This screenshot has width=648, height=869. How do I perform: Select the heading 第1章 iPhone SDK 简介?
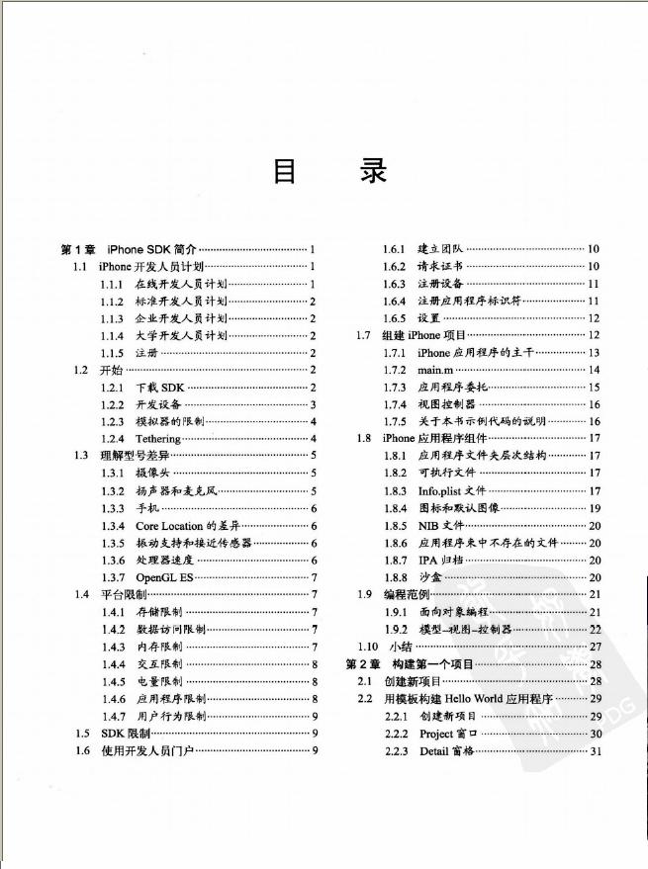[130, 249]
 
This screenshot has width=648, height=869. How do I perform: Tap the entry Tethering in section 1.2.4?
[158, 438]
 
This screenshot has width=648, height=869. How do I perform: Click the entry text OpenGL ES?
[164, 577]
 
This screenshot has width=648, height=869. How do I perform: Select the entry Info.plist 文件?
[451, 490]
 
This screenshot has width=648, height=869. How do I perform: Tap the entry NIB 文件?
[440, 525]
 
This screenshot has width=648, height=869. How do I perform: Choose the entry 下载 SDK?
[160, 387]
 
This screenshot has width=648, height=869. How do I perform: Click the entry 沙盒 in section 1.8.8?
[429, 577]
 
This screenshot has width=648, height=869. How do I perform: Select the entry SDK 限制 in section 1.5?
[126, 734]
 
